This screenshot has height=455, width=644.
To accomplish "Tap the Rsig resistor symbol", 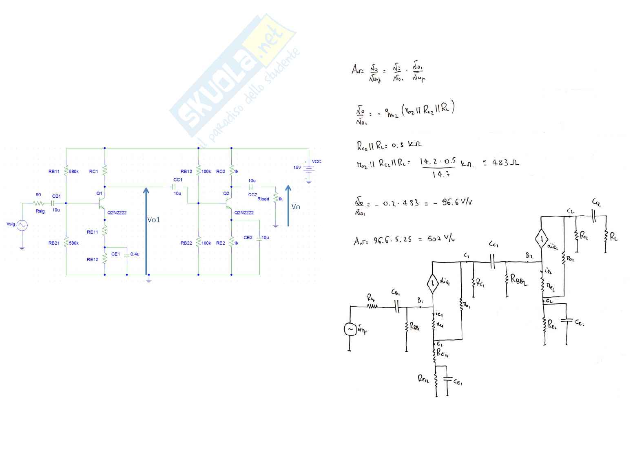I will coord(39,203).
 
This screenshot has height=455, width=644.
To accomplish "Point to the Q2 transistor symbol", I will coord(229,203).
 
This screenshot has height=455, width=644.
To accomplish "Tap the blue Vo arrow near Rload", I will coord(288,205).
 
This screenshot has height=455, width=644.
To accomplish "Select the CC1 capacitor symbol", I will coord(175,186).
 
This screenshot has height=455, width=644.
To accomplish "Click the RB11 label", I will coord(54,172).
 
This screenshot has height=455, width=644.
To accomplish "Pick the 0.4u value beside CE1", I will coord(135,254).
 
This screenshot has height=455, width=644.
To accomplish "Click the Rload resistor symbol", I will coord(276,198).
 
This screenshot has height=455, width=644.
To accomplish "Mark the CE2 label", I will coord(248,237).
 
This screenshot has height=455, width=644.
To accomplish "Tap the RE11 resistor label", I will coord(92,232).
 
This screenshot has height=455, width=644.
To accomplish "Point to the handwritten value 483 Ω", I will coord(505,162).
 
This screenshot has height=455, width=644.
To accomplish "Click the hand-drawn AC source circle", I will coord(350,329).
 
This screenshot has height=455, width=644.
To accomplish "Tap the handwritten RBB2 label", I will coord(518,280).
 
